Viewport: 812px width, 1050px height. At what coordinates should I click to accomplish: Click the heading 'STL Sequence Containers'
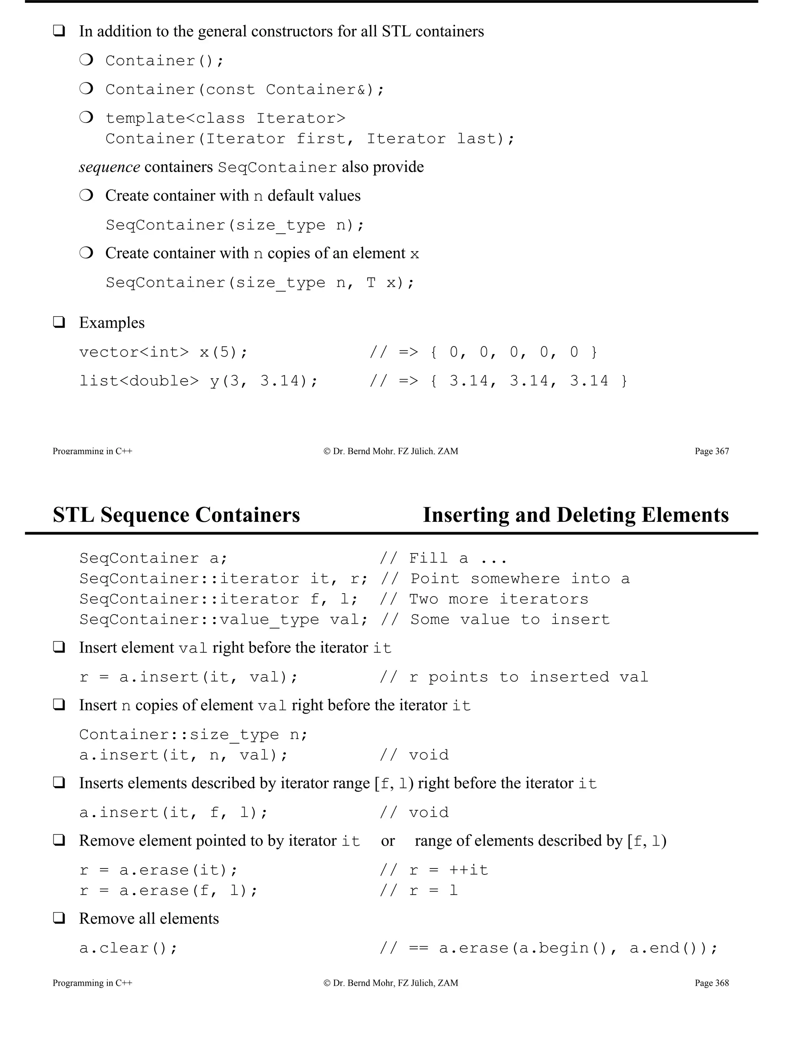point(176,515)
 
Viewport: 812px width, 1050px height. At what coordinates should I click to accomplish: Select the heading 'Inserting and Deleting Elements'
point(575,515)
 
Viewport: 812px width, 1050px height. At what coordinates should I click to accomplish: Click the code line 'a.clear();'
point(128,948)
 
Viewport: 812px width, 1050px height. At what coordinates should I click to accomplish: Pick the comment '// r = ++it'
point(433,870)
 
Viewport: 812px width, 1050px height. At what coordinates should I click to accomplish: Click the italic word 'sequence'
point(110,167)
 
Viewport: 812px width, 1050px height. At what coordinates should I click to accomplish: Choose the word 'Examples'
point(111,323)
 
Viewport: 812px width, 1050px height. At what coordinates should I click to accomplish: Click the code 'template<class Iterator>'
point(225,118)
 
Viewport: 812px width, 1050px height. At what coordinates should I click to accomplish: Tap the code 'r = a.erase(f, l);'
point(169,890)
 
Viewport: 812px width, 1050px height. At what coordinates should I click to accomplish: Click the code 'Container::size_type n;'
point(193,734)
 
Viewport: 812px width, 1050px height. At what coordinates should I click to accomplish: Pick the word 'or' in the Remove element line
point(388,840)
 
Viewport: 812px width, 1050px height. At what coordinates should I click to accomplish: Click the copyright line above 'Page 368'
point(391,983)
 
